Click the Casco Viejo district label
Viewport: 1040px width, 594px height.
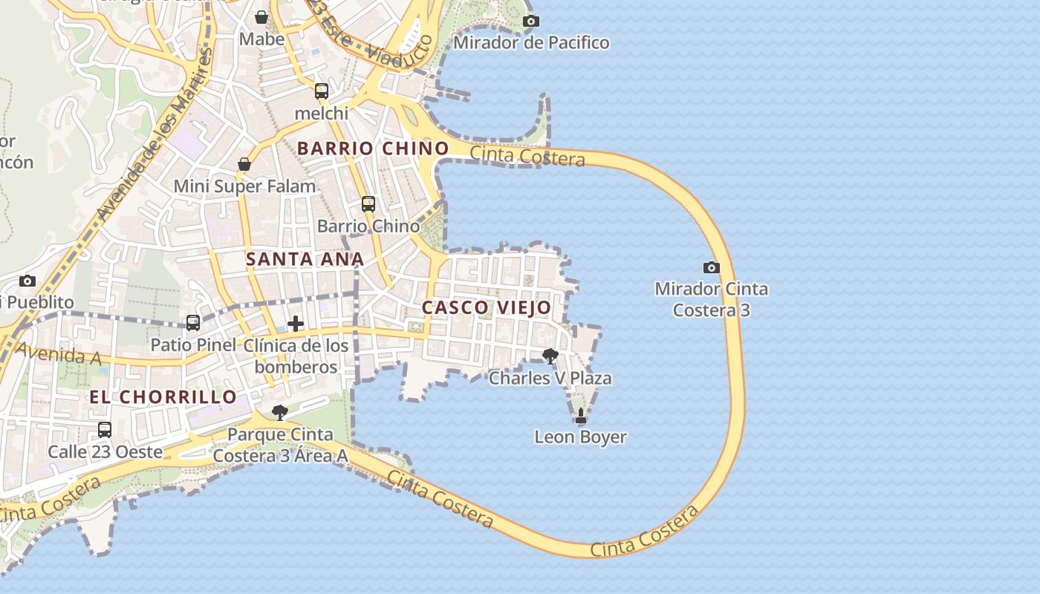[x=487, y=307]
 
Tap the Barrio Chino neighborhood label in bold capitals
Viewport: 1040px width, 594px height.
[x=373, y=148]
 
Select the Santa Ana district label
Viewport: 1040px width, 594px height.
[x=305, y=259]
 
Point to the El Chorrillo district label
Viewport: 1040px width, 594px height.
[x=163, y=396]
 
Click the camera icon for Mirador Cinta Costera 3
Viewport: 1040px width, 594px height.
[x=711, y=267]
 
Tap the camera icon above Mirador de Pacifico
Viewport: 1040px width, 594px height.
[x=530, y=21]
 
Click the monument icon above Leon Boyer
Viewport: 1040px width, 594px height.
[x=581, y=416]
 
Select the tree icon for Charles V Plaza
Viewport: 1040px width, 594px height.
[x=550, y=356]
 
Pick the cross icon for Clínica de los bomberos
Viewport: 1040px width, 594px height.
[x=296, y=324]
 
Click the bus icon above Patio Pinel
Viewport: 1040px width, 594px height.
[x=193, y=323]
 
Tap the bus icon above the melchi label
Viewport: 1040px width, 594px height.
[x=321, y=91]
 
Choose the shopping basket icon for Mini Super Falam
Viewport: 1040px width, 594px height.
[x=244, y=164]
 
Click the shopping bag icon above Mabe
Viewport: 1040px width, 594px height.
[x=261, y=16]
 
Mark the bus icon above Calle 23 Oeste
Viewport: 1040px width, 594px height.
[x=105, y=430]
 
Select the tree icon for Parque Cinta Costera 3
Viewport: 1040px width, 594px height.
[x=280, y=413]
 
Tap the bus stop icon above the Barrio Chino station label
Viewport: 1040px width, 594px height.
[x=368, y=204]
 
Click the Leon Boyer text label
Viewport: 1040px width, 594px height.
[x=580, y=437]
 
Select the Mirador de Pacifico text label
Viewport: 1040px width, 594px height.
[x=530, y=42]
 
